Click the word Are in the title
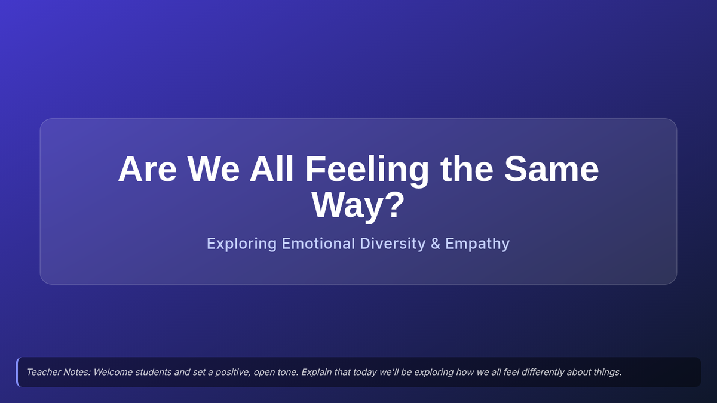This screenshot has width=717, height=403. (x=147, y=169)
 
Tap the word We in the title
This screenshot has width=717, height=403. (x=213, y=169)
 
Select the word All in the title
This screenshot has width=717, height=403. (x=272, y=168)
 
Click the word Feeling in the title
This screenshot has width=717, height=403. (x=367, y=171)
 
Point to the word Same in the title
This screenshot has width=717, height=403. (x=551, y=169)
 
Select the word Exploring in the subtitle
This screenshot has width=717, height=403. (x=241, y=244)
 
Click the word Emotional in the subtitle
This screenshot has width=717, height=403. (x=318, y=244)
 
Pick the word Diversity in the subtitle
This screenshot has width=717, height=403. (x=393, y=244)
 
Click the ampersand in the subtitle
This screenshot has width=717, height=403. (x=436, y=244)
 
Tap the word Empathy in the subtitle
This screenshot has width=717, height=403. (x=477, y=244)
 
